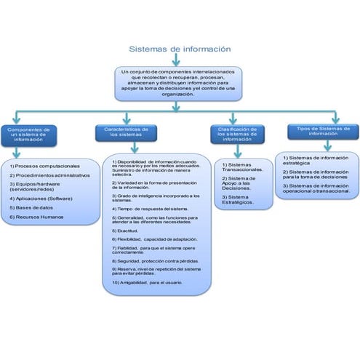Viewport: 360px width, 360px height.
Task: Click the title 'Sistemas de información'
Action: (180, 49)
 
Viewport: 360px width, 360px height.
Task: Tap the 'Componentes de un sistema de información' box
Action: (29, 133)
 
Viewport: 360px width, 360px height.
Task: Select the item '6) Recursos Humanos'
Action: (37, 217)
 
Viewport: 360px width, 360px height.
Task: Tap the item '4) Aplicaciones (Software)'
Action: (41, 197)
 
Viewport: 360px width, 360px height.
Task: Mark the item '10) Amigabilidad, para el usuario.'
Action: (147, 282)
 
